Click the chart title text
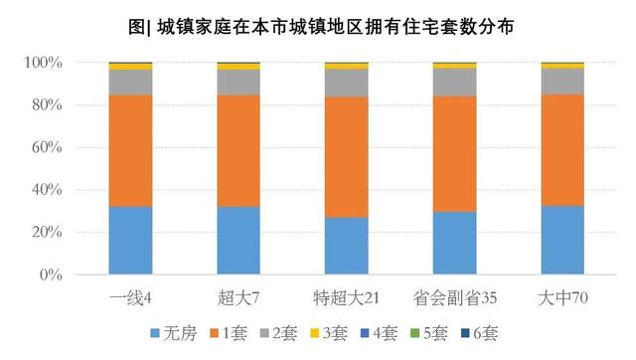click(x=318, y=22)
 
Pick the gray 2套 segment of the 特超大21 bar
click(x=346, y=83)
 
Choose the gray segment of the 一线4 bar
click(x=130, y=82)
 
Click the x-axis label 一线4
click(x=130, y=297)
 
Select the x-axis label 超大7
click(x=238, y=297)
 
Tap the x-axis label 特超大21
click(x=346, y=297)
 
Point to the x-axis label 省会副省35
click(x=454, y=297)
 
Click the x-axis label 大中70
click(x=562, y=297)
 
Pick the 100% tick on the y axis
click(x=44, y=63)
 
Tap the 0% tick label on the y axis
click(x=51, y=274)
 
